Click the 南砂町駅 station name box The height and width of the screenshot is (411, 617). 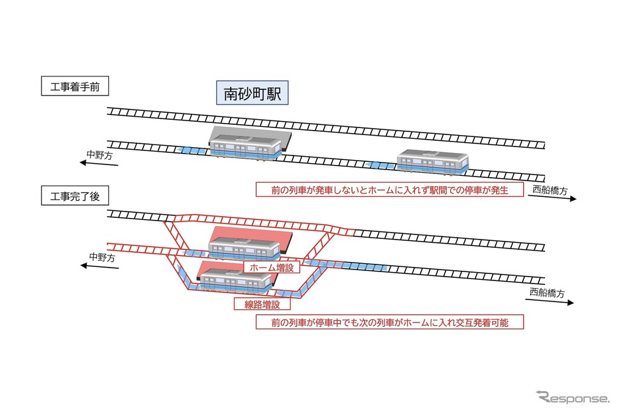[252, 93]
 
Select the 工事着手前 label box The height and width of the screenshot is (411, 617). [75, 86]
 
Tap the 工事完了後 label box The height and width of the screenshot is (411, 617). [75, 196]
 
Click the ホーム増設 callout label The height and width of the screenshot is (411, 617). [272, 268]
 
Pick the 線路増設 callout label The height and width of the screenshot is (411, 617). [262, 304]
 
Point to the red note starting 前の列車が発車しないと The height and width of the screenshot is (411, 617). [389, 190]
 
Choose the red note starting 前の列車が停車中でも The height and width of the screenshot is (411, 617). [389, 322]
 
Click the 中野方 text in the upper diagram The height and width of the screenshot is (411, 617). [99, 155]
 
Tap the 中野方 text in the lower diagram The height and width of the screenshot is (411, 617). [102, 257]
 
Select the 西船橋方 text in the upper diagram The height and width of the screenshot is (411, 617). [549, 191]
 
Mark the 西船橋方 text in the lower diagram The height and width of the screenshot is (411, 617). [547, 292]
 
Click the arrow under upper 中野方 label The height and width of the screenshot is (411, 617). [99, 163]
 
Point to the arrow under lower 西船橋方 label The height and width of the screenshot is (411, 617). [549, 301]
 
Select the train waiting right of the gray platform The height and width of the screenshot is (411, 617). [433, 161]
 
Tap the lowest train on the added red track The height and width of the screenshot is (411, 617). [236, 281]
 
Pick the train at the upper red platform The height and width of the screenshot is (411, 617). [244, 249]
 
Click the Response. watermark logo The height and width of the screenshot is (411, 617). [573, 397]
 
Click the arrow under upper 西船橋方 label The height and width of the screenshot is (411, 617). [552, 198]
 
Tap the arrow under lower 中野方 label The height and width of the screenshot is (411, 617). [99, 266]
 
